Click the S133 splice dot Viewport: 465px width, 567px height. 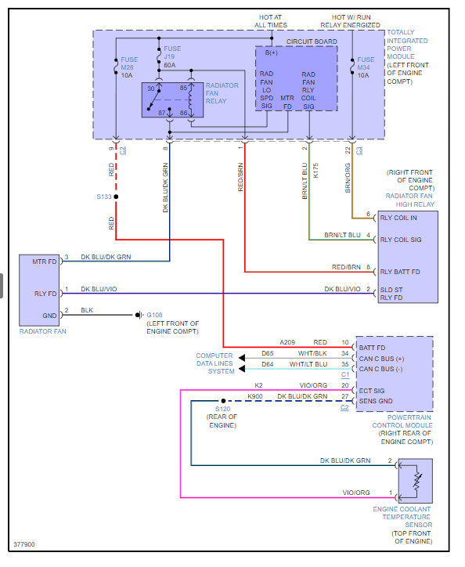pos(116,197)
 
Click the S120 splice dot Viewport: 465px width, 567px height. pos(223,401)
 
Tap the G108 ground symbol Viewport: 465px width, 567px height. pos(139,315)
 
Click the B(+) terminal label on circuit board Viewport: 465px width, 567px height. pos(271,52)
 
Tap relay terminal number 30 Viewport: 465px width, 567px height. pos(151,88)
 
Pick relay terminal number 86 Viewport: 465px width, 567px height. pos(183,113)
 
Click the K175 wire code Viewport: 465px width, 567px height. pos(315,170)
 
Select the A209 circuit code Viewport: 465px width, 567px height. pos(287,342)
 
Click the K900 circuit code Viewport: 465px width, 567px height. pos(255,396)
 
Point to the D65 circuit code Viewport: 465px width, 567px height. pos(268,353)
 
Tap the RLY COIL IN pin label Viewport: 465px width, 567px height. pos(398,218)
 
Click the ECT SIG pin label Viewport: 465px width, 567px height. pos(372,391)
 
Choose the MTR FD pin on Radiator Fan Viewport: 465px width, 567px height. pos(45,262)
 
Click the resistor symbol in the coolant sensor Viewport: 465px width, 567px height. pos(417,481)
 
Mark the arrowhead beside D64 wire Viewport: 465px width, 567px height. pos(242,369)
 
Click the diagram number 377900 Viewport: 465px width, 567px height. pos(24,544)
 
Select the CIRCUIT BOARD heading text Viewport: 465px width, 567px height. pos(312,42)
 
